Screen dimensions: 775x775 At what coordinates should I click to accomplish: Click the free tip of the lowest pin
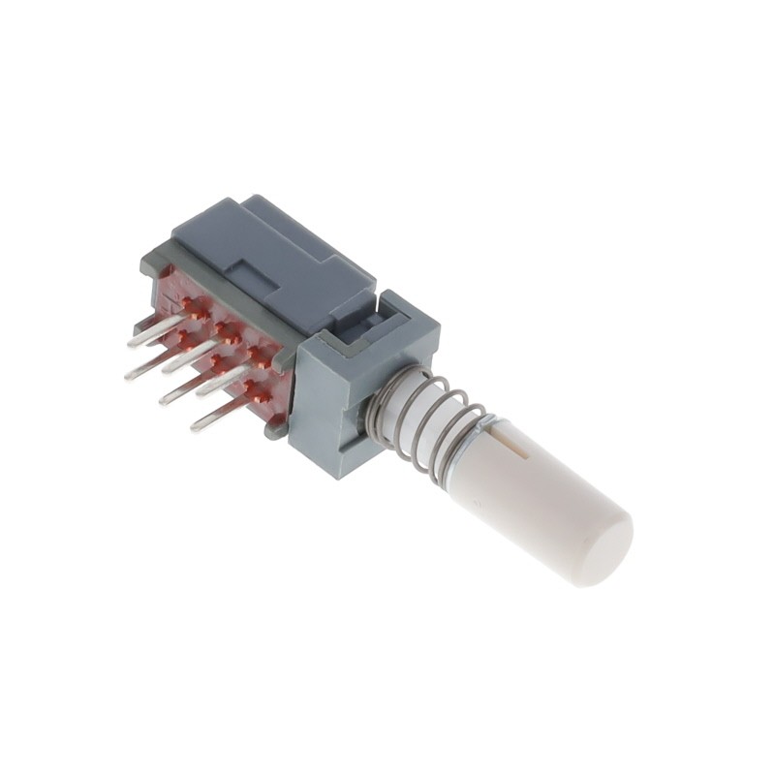click(x=194, y=427)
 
